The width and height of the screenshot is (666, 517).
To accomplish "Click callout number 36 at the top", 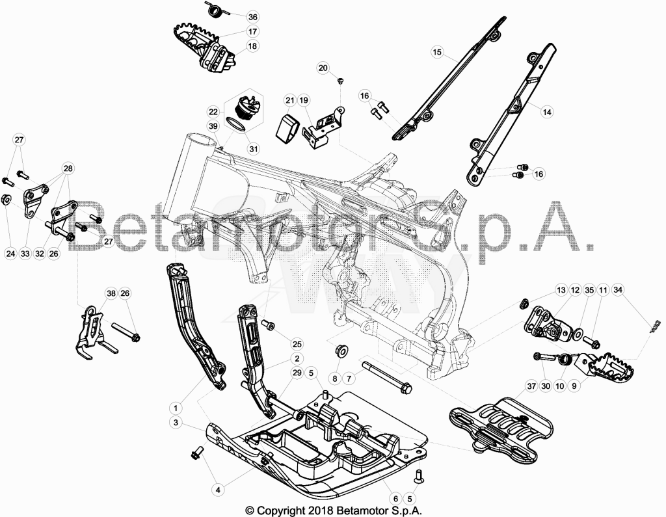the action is [x=253, y=17].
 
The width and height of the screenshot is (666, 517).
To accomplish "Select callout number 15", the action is [x=437, y=52].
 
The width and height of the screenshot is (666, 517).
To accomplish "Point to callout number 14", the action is [x=547, y=112].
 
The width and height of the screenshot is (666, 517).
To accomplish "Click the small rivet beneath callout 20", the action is [x=340, y=80].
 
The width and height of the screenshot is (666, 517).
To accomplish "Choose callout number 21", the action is [x=289, y=101].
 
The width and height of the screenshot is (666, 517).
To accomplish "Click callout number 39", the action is [x=213, y=126].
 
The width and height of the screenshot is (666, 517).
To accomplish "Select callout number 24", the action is [x=10, y=254].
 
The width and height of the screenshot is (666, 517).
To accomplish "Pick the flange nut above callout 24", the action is [x=7, y=200].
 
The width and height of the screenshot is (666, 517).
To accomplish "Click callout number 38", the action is [x=111, y=293].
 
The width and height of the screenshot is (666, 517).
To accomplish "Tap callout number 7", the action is [x=349, y=378].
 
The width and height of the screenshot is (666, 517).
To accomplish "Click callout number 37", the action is [x=531, y=386].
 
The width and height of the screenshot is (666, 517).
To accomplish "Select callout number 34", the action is [x=618, y=290].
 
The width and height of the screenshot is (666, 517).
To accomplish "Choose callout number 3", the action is [x=176, y=423].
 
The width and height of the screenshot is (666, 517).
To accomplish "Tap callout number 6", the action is [x=395, y=499].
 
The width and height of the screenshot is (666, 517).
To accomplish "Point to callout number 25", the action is [x=297, y=343].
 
